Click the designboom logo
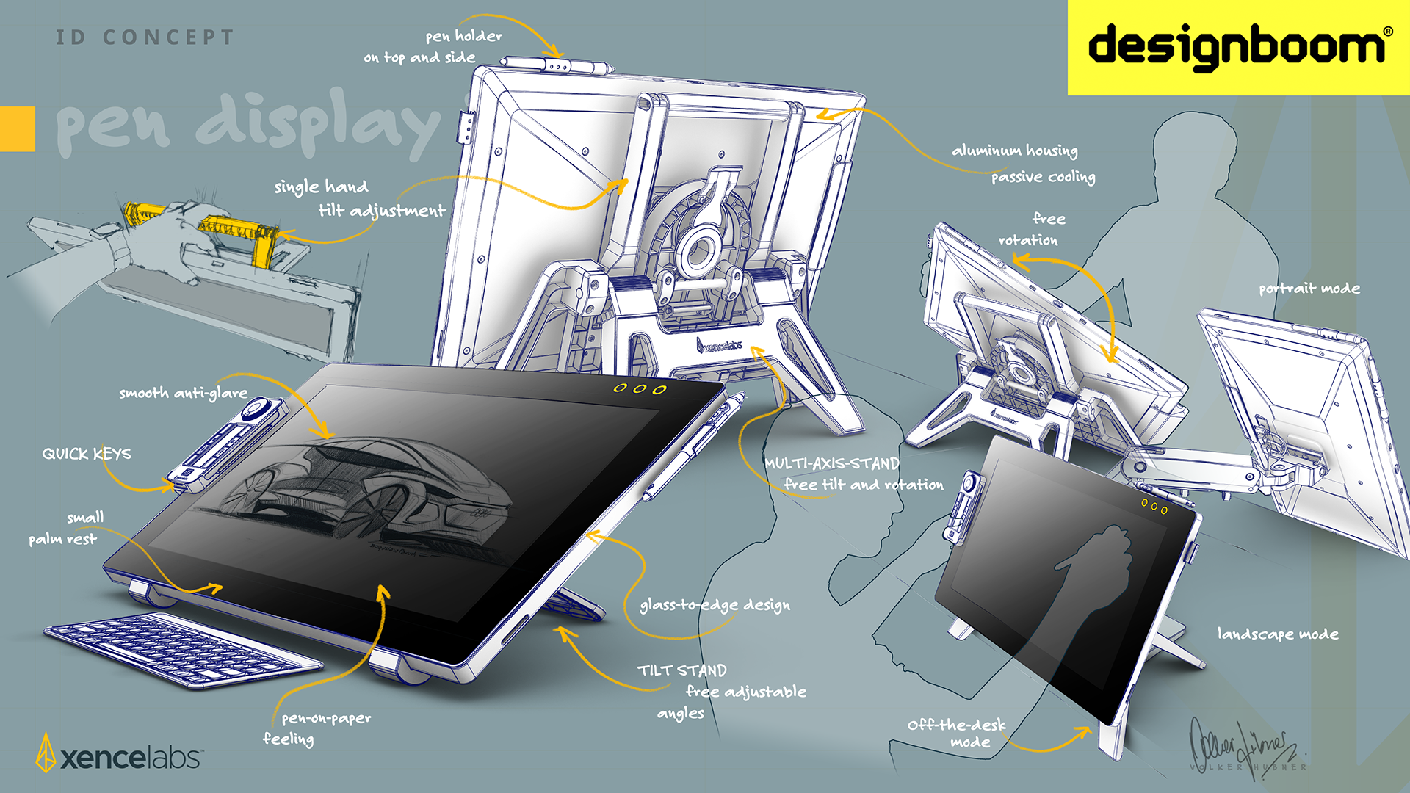[1238, 46]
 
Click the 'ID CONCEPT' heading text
[145, 37]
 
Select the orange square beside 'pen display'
[17, 129]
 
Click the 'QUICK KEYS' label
[87, 454]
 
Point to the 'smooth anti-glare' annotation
[183, 393]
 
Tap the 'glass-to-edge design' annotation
[715, 605]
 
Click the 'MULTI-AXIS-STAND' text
[831, 463]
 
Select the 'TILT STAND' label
[681, 670]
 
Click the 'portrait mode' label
[1309, 289]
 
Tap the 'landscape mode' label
[1277, 634]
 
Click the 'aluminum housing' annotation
[1014, 151]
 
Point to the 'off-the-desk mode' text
[957, 733]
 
